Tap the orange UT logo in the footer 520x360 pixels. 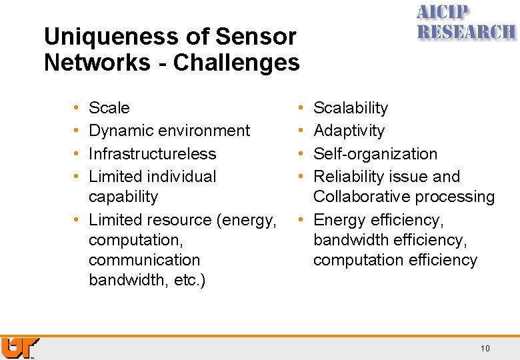(20, 347)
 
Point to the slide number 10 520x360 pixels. (485, 348)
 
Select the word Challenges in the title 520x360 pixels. (237, 63)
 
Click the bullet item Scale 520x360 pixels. (109, 108)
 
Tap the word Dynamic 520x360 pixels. (118, 131)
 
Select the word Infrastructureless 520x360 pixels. (152, 154)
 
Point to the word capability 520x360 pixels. (123, 197)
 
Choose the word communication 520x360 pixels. (144, 260)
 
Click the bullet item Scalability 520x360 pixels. (351, 108)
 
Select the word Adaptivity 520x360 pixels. (349, 131)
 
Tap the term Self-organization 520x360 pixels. (375, 154)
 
